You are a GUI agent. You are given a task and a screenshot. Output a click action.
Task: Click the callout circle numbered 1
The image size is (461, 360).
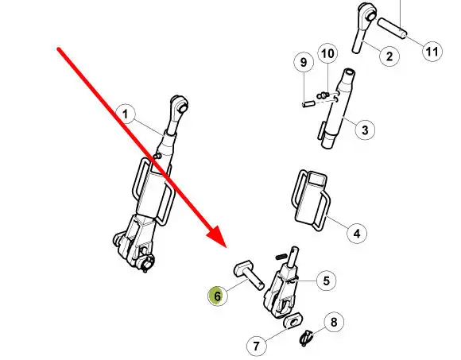[x=126, y=114]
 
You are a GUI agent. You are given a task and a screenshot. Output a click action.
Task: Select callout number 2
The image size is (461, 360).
[x=389, y=56]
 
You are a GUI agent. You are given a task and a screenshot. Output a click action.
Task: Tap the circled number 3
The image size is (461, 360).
[x=365, y=130]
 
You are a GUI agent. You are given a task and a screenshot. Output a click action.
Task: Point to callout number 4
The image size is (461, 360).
[x=357, y=234]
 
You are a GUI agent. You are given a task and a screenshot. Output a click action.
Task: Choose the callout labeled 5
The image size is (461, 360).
[x=327, y=281]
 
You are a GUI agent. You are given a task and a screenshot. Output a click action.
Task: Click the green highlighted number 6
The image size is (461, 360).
[x=218, y=296]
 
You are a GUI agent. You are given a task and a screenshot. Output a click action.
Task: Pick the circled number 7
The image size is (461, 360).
[x=257, y=346]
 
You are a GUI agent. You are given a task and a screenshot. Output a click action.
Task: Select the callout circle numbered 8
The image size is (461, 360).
[x=334, y=322]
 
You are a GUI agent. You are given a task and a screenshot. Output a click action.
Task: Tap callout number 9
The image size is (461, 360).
[x=304, y=62]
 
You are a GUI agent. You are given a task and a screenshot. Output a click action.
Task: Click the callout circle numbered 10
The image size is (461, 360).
[x=327, y=53]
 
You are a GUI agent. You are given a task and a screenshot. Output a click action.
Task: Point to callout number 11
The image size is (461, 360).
[x=432, y=52]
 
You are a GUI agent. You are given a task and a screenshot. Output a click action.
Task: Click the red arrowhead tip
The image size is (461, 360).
[x=227, y=248]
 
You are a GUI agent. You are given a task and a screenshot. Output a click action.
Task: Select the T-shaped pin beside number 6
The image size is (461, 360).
[x=249, y=274]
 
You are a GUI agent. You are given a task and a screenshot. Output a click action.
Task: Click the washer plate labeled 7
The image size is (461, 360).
[x=292, y=321]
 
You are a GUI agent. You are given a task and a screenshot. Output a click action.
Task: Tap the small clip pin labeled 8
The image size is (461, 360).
[x=306, y=339]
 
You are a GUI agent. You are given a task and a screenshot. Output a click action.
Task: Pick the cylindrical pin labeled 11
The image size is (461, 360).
[x=392, y=28]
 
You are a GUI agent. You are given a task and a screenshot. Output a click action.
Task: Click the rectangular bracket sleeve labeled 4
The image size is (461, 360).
[x=311, y=199]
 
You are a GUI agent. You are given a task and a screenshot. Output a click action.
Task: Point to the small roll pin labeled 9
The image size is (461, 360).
[x=308, y=104]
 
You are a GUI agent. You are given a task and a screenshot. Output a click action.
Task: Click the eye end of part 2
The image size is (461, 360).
[x=367, y=13]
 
